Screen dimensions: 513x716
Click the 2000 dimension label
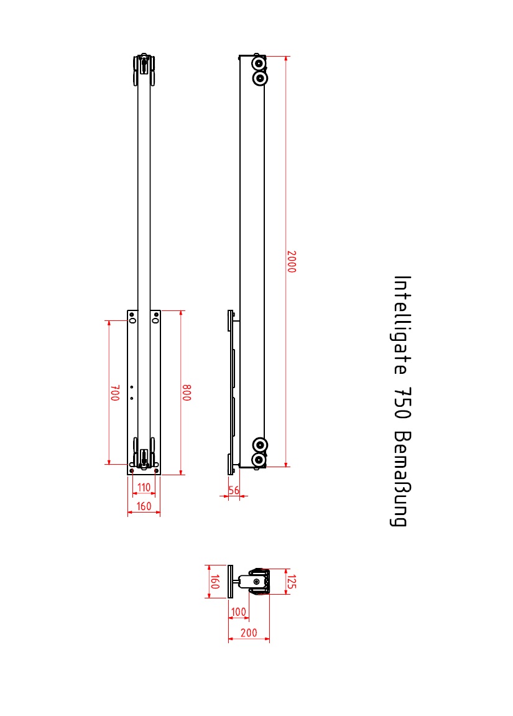click(291, 262)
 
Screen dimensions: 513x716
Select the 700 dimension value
click(115, 393)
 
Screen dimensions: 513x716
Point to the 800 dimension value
click(187, 393)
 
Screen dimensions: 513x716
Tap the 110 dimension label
click(144, 487)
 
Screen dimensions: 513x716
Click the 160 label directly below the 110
click(144, 506)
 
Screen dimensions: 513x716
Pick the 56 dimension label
click(234, 490)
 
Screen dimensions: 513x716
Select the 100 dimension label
click(239, 611)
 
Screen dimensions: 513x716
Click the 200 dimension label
click(249, 633)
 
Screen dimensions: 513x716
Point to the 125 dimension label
click(291, 582)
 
